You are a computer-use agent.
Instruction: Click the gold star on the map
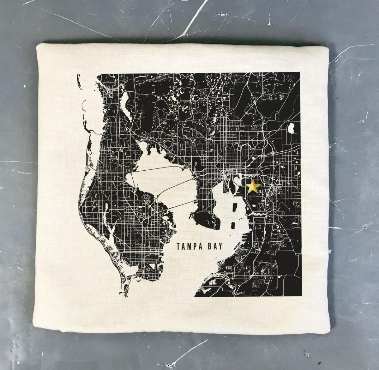click(253, 186)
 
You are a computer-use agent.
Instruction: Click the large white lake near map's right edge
click(291, 129)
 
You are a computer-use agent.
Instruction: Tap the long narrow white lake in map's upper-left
click(126, 107)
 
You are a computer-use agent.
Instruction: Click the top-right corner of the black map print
click(299, 72)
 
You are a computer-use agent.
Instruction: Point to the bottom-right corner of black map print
click(299, 297)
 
